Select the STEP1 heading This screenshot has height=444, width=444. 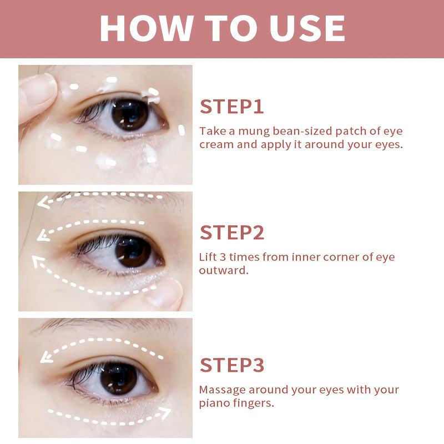(232, 107)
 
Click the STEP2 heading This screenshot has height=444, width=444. (232, 233)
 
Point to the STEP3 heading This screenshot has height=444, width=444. (232, 365)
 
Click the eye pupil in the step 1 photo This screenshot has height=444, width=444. (129, 113)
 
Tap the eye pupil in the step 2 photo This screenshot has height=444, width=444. (133, 251)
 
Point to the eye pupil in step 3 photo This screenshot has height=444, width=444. (118, 379)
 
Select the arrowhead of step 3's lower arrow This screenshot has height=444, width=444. (166, 412)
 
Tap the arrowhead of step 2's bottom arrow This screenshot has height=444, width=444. (37, 261)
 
